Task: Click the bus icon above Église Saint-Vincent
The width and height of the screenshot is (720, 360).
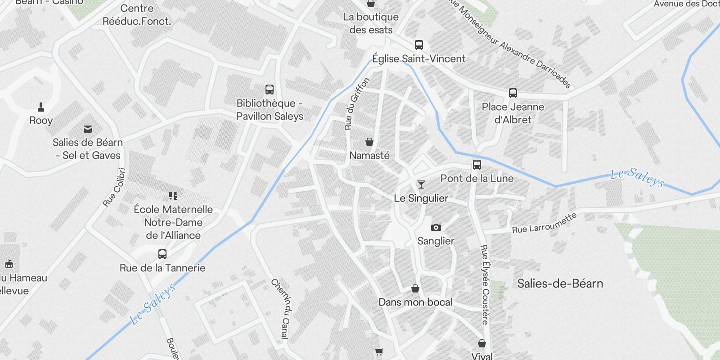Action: tap(419, 45)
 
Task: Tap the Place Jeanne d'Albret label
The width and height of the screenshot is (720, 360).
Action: tap(513, 113)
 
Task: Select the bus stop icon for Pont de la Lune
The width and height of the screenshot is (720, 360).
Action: tap(477, 165)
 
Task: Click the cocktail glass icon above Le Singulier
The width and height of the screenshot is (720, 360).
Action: tap(421, 184)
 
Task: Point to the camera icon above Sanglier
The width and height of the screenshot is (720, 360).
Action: tap(436, 227)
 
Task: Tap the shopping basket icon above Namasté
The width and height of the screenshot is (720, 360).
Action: tap(369, 142)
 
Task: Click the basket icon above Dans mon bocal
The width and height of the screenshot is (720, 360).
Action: tap(415, 288)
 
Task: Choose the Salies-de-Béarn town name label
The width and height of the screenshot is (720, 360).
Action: tap(560, 283)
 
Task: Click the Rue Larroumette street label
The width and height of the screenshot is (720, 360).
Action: tap(544, 223)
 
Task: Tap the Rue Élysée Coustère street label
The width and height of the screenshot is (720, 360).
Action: tap(485, 284)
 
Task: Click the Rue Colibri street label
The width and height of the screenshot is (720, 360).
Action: tap(114, 187)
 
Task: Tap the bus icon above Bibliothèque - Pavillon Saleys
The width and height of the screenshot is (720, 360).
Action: tap(270, 90)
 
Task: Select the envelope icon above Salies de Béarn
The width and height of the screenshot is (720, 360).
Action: tap(88, 129)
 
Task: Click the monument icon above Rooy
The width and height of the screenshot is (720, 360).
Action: tap(41, 107)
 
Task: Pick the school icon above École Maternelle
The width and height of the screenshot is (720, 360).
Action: tap(173, 196)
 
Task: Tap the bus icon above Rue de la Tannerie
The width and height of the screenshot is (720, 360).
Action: tap(162, 254)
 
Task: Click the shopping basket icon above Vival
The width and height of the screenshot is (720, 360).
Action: tap(482, 343)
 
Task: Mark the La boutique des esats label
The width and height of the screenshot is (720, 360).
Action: tap(371, 23)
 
